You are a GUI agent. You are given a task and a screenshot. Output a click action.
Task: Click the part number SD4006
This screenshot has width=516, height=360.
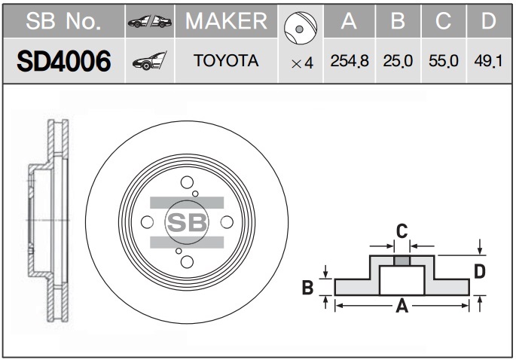coord(64,61)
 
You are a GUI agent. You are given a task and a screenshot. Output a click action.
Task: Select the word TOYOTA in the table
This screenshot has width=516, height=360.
coord(226,61)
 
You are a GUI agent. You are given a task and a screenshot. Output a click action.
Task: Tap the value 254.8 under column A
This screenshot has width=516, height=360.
coord(350,61)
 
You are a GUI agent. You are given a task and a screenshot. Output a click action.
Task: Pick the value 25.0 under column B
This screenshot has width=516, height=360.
coord(398,61)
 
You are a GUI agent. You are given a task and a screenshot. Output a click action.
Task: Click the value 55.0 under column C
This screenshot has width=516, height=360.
coord(443,61)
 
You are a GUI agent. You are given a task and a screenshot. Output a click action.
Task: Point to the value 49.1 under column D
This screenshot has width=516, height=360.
coord(488,61)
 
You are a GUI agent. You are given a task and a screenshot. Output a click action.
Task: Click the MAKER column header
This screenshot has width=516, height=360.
coord(226,21)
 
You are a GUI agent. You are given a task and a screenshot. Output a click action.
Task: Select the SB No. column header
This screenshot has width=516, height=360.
coord(63,21)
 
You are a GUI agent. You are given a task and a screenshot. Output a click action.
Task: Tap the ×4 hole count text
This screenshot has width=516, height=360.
coord(302,63)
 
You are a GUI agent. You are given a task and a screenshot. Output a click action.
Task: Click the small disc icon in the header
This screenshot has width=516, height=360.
coord(300,29)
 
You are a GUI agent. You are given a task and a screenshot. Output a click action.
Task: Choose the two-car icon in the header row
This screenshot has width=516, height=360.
coord(149,22)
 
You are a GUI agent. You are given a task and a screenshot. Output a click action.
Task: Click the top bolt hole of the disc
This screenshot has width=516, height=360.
coord(187,182)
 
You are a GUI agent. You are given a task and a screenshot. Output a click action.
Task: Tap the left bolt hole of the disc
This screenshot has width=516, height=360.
coord(147,222)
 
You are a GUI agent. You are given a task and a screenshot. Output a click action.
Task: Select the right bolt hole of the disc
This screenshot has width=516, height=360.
coord(227,222)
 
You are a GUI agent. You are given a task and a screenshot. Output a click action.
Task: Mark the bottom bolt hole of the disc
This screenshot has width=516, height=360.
coord(187,262)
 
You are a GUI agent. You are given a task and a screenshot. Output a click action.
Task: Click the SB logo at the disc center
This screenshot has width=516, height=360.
coord(187,222)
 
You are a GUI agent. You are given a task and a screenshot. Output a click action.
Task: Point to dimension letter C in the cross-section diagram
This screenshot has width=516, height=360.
coord(402,231)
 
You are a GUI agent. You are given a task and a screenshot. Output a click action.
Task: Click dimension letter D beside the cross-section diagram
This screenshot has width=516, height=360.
coord(480,272)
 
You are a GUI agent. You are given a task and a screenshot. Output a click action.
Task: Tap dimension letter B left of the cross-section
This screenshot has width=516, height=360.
coord(307,287)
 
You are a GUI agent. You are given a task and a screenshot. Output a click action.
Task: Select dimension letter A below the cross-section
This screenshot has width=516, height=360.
coord(402,306)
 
